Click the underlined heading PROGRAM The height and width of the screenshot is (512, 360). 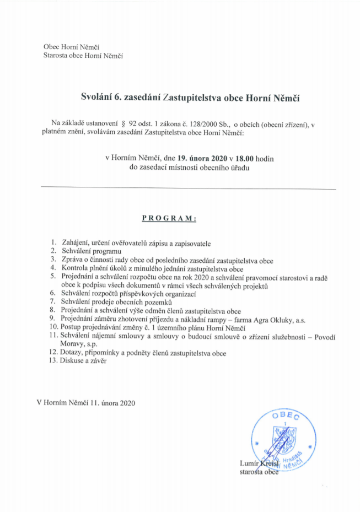tap(169, 218)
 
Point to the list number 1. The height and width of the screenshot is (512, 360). tap(53, 243)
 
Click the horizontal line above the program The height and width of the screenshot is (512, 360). tap(188, 189)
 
